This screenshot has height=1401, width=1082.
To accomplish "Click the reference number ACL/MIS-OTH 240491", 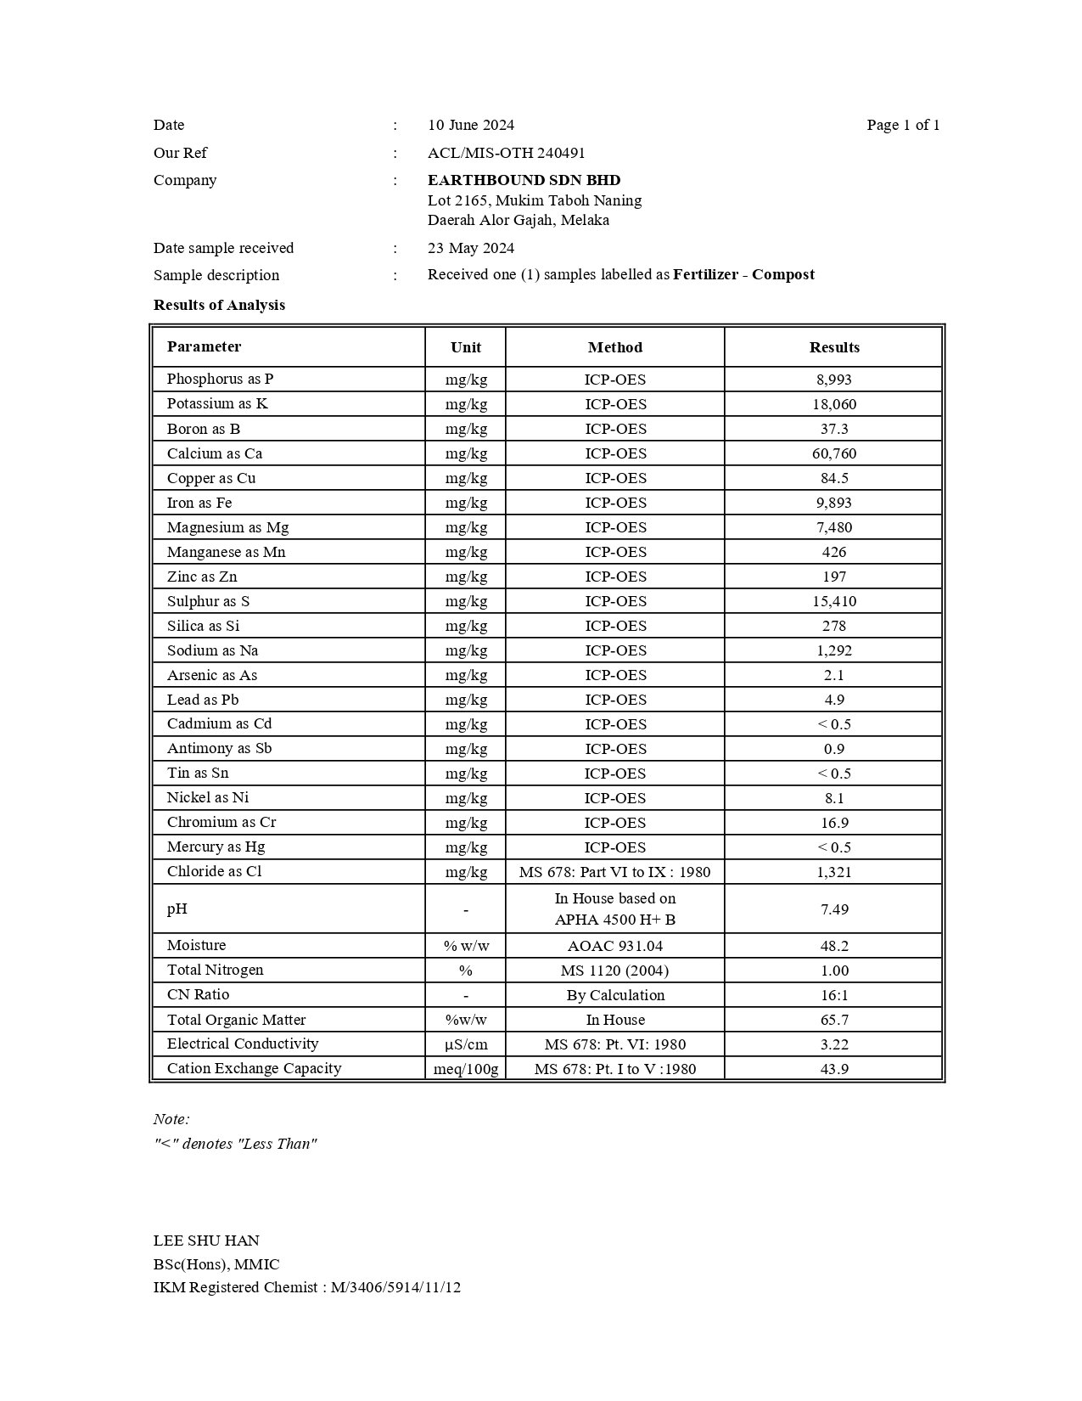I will coord(506,153).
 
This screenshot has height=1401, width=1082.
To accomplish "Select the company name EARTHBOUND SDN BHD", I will coord(524,180).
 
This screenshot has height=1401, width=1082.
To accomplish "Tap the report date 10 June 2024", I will coord(470,125).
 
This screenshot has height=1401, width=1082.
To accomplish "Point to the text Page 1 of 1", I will coord(903,125).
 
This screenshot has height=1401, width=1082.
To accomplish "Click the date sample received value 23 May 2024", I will coord(470,248).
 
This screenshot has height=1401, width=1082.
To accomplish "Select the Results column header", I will coord(833,347).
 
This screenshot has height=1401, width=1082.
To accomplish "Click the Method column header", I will coord(614,347).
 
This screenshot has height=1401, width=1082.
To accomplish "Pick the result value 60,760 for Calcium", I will coord(833,453).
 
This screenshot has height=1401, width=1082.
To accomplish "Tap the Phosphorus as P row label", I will coord(220,379).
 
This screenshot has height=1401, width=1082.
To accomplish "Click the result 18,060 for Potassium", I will coord(833,404).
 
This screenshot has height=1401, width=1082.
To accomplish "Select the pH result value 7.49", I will coord(833,909).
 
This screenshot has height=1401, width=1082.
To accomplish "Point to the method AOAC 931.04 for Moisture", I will coord(614,946).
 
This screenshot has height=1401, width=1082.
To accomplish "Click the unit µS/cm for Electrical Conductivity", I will coord(466,1044).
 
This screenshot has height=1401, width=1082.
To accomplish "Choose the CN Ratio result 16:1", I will coord(833,995).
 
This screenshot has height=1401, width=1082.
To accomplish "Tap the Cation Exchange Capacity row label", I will coord(254,1068).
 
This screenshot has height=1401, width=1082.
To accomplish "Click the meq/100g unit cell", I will coord(466,1069).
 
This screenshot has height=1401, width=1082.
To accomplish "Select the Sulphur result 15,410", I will coord(833,601).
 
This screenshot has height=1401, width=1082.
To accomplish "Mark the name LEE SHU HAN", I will coord(206,1241).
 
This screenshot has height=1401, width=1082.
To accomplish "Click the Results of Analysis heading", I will coord(219,305).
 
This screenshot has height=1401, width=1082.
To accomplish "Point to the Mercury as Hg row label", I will coord(216,847).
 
